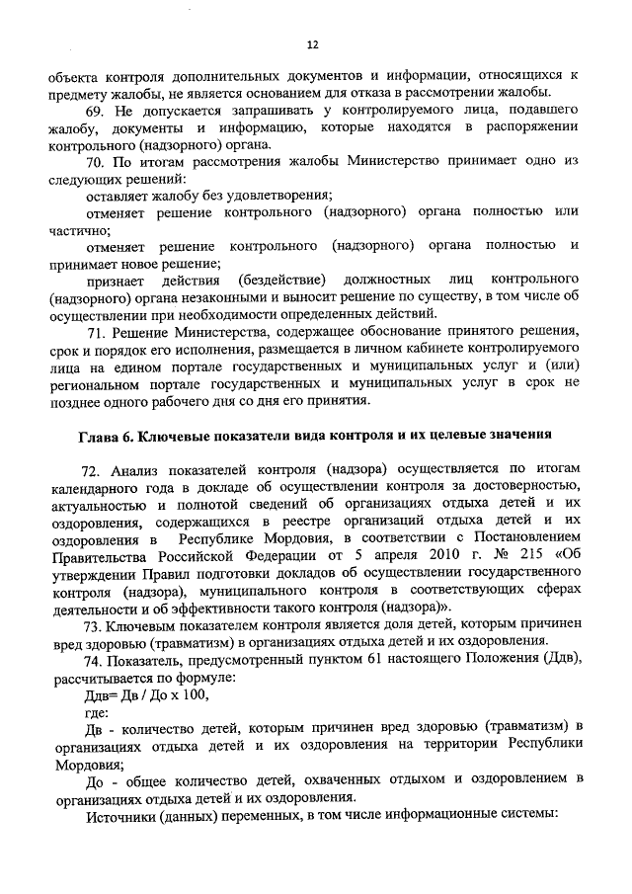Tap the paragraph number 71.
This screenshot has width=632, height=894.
pyautogui.click(x=96, y=330)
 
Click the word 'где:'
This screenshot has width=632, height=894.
pyautogui.click(x=101, y=712)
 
